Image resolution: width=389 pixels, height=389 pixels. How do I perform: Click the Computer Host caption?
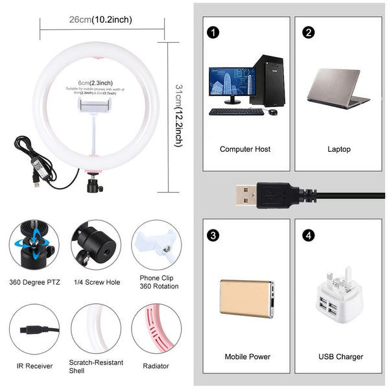245,149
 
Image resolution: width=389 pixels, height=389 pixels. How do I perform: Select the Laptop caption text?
338,149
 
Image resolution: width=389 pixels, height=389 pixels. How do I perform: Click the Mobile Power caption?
247,357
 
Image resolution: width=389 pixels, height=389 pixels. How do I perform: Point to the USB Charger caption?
341,357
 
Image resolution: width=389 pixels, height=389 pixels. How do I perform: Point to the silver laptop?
338,88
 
